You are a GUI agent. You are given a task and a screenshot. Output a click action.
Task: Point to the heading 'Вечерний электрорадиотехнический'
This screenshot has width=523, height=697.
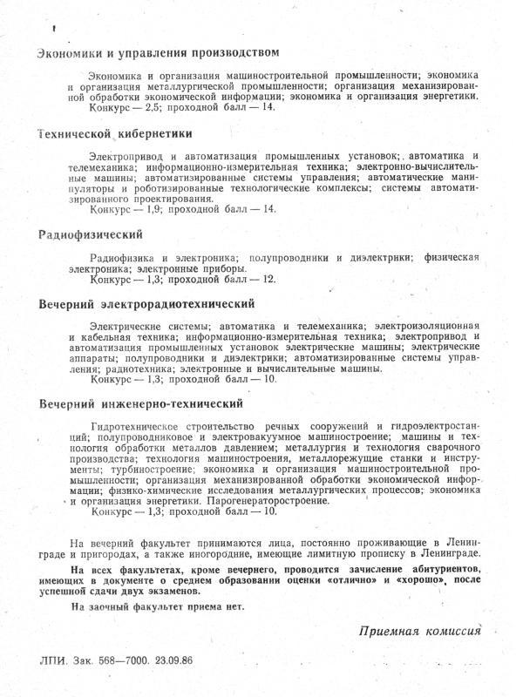click(146, 305)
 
